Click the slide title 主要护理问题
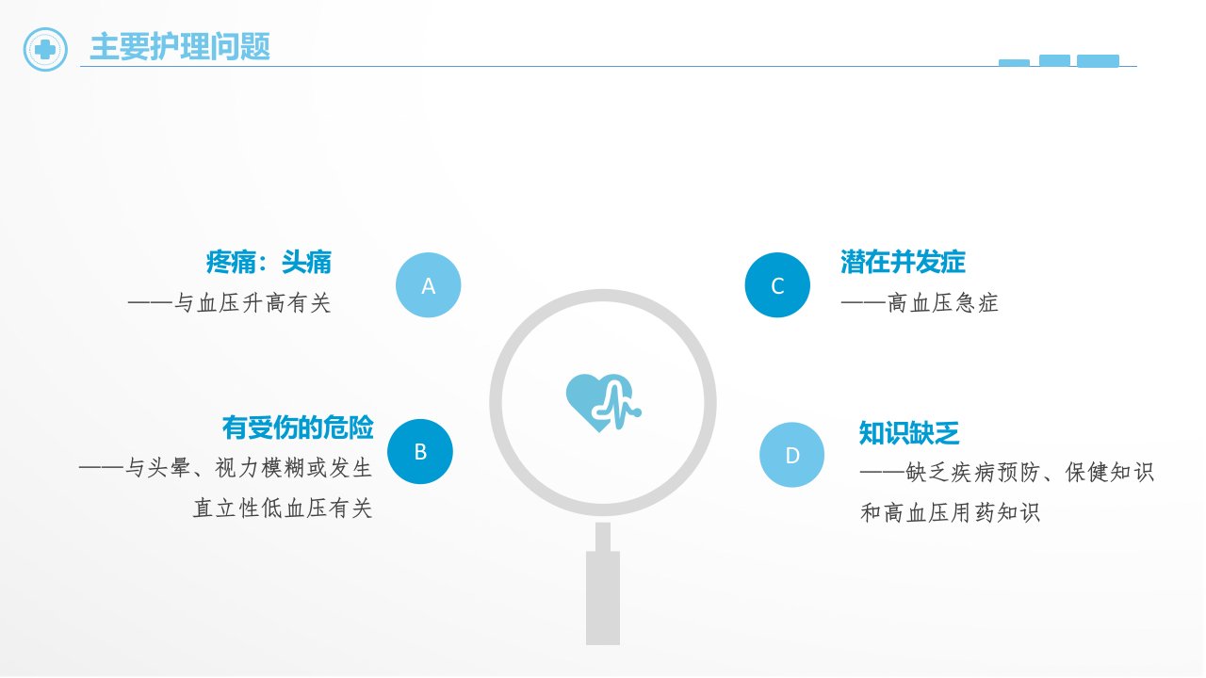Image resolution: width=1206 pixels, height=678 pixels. (180, 47)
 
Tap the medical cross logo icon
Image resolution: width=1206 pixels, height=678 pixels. (45, 50)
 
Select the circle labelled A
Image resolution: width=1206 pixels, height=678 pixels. (428, 285)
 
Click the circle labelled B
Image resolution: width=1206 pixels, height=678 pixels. (420, 451)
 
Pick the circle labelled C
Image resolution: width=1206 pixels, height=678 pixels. (777, 285)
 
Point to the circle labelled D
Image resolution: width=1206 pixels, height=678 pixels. (792, 455)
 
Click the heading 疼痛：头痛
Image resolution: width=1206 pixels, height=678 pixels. (269, 262)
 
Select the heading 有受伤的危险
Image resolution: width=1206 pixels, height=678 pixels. (298, 428)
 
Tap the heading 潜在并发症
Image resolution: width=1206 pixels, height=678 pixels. (903, 262)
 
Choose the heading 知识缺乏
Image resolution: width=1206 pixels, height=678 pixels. (909, 432)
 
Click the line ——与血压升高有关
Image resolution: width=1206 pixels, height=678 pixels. (229, 303)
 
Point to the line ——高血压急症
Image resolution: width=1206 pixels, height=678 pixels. (920, 303)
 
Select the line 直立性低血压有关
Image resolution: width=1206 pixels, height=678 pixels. (283, 508)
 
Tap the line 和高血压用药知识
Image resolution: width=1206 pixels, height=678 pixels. (950, 512)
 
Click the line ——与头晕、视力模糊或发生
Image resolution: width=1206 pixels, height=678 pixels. (225, 468)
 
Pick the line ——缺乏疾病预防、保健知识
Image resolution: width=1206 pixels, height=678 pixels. (1007, 473)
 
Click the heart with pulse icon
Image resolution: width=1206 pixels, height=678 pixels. (604, 402)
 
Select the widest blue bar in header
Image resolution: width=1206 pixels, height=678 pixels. (1098, 61)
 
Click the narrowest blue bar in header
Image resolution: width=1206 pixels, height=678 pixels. (1014, 63)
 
